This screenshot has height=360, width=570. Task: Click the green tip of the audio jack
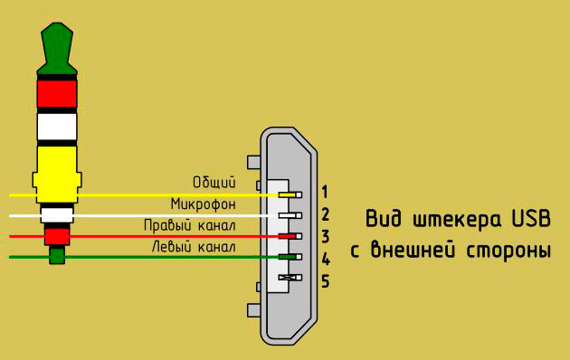(56, 45)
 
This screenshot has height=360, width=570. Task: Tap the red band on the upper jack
(56, 92)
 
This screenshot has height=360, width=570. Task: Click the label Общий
(214, 183)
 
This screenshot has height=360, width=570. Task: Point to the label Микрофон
(203, 204)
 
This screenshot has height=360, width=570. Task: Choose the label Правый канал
(190, 224)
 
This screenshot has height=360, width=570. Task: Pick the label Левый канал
(193, 246)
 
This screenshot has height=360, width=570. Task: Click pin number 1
(325, 192)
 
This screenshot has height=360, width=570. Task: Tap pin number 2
(325, 215)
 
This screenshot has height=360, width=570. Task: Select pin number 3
(325, 237)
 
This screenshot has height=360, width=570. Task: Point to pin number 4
(325, 260)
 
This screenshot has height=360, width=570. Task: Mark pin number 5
(325, 281)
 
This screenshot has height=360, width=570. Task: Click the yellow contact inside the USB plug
(288, 194)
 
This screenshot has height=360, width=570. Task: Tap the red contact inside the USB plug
(288, 236)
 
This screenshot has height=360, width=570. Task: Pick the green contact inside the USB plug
(288, 258)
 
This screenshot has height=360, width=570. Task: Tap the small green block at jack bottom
(57, 255)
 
